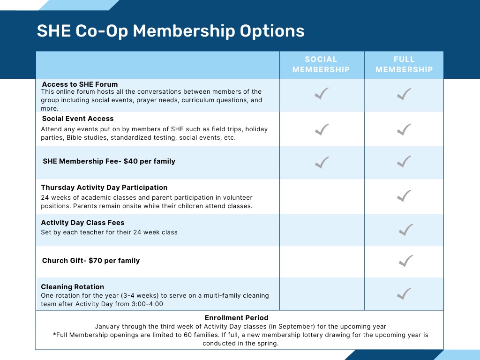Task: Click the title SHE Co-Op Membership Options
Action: [171, 31]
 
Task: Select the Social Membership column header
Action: [321, 64]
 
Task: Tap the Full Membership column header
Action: [404, 64]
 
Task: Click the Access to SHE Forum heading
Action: [80, 84]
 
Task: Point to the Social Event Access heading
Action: [78, 119]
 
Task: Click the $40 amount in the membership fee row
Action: [131, 161]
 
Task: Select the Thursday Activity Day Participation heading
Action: [104, 187]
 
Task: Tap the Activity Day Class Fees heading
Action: [82, 223]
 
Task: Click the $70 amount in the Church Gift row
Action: [96, 261]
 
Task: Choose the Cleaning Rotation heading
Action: [73, 287]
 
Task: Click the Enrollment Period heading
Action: [237, 318]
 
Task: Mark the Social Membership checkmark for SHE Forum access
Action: [322, 93]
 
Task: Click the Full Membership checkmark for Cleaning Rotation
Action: [404, 293]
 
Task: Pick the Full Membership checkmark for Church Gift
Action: [406, 261]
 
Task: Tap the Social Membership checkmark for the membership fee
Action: [322, 162]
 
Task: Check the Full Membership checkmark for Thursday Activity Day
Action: [404, 196]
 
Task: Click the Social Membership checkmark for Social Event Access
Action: [322, 129]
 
